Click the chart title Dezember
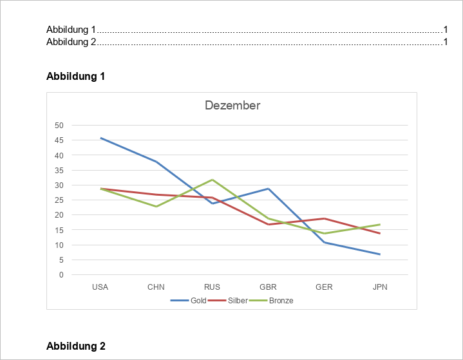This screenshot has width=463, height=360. point(232,106)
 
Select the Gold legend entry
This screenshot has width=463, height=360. point(198,301)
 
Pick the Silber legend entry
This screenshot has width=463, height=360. point(237,301)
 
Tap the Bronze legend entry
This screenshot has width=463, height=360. point(281,301)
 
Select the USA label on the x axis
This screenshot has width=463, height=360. point(100,287)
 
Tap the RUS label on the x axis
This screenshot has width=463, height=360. point(212,287)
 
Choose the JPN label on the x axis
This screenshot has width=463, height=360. point(380,287)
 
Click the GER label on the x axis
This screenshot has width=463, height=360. point(324,287)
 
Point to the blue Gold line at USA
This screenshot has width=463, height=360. point(100,138)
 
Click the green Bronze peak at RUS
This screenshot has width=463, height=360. point(212,180)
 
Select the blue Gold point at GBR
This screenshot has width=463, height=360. point(268,189)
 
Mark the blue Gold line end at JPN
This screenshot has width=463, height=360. point(380,254)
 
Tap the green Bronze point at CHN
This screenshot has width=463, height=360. point(156,207)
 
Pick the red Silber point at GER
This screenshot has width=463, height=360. point(324,218)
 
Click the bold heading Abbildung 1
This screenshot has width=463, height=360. point(75,77)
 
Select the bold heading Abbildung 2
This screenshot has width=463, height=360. point(75,346)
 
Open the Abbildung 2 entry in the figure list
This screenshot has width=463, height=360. point(71,42)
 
